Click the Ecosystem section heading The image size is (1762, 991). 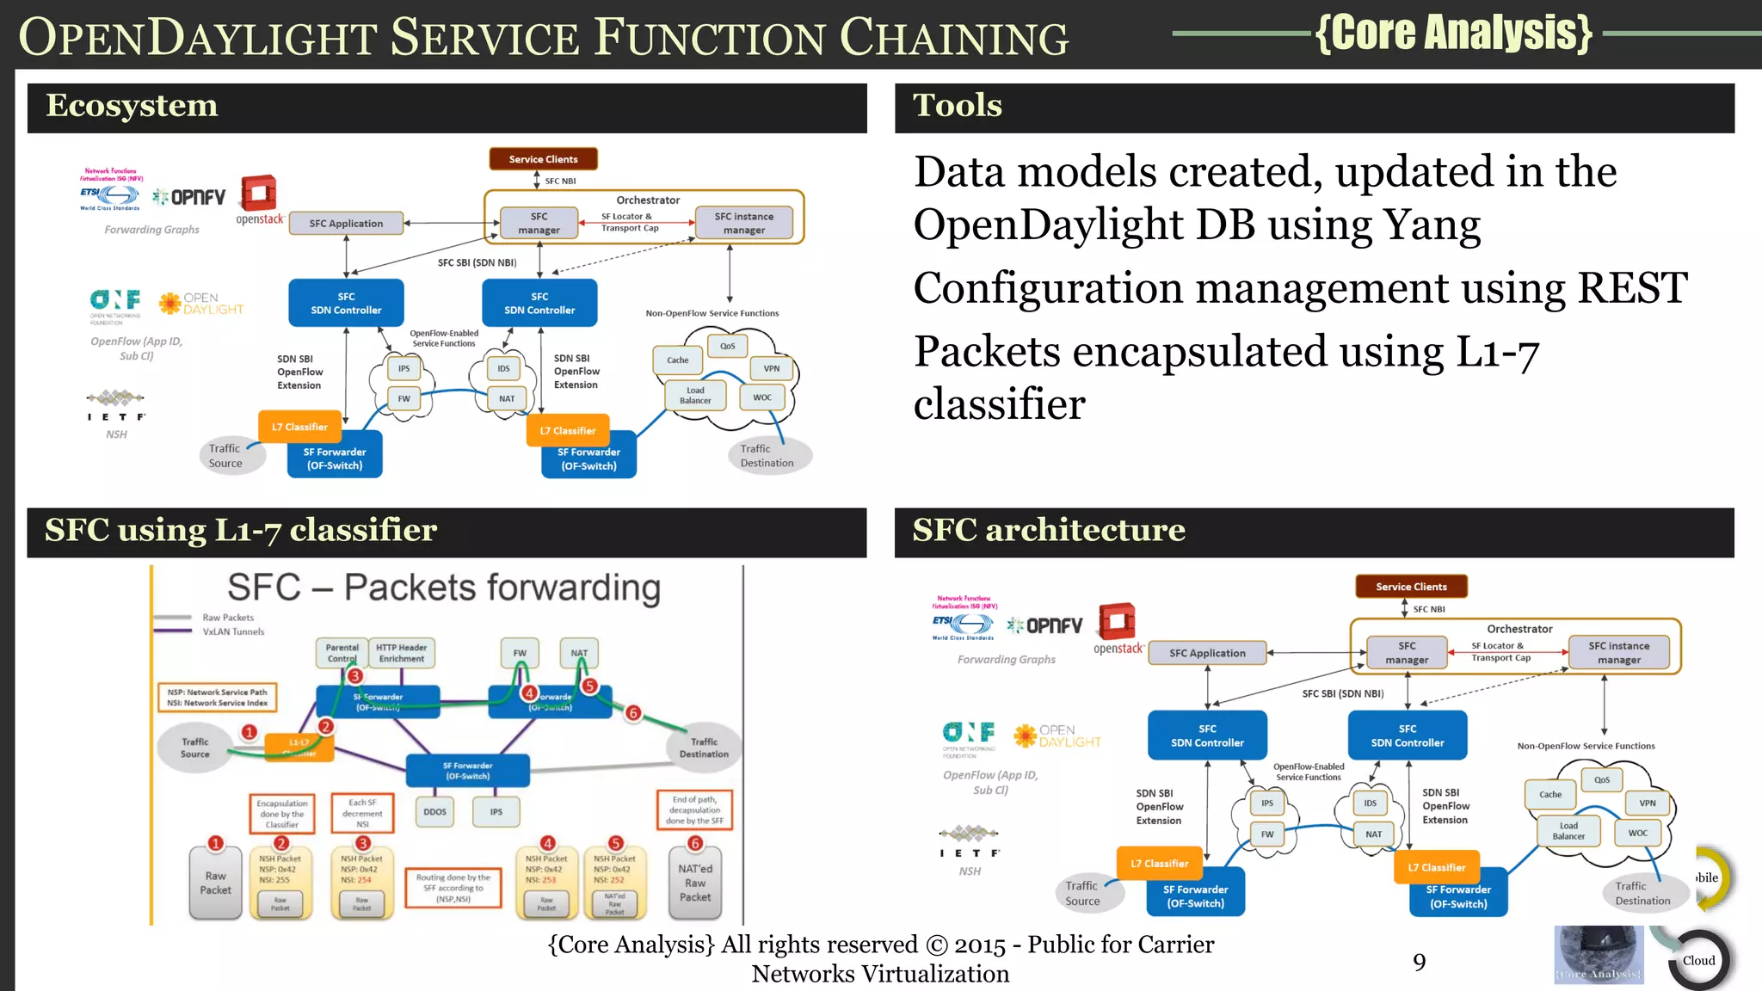(132, 106)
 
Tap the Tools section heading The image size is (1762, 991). (957, 106)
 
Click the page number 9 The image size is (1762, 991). (1419, 962)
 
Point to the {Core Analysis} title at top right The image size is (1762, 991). (1453, 33)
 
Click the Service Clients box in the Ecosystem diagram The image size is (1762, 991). (543, 159)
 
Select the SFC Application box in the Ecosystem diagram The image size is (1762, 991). (346, 224)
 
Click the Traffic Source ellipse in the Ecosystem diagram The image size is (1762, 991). (225, 456)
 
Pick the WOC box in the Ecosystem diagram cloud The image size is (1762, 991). (762, 397)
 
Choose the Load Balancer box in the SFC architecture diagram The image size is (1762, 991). (1568, 831)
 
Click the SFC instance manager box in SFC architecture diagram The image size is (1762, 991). (1618, 653)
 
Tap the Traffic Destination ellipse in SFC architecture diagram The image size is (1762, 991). (1642, 893)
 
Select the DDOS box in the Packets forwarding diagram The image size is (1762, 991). (434, 812)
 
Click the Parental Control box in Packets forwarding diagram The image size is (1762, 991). (342, 653)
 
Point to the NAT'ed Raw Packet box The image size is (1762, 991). (695, 883)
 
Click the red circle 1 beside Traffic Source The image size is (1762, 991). (250, 732)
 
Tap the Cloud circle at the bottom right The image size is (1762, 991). (1698, 961)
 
